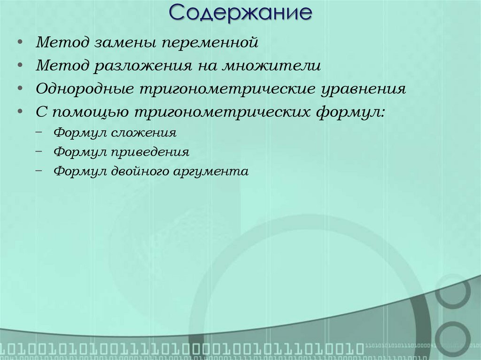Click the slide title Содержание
click(240, 13)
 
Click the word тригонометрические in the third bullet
click(226, 89)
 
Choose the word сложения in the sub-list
click(144, 133)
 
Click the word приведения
click(151, 153)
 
